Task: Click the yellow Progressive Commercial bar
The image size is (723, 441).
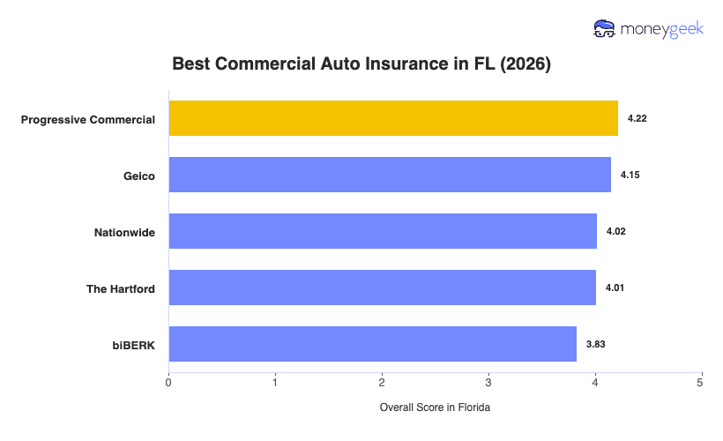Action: click(393, 118)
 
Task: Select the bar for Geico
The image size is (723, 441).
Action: click(390, 175)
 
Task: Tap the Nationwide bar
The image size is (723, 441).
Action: click(383, 231)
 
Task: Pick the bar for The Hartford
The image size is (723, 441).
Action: click(382, 288)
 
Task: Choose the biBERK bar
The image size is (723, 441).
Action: click(372, 344)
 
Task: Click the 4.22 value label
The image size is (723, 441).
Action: click(637, 118)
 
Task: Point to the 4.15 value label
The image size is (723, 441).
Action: click(630, 175)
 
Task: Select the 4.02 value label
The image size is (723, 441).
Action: click(615, 231)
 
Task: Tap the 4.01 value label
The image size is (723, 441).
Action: click(615, 288)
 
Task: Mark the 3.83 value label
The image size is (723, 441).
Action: click(595, 344)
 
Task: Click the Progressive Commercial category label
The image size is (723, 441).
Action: click(88, 119)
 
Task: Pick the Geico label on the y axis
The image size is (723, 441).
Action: click(139, 176)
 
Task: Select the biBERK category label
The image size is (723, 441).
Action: click(135, 345)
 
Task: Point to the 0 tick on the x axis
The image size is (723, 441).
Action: click(168, 383)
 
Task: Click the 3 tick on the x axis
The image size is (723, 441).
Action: click(488, 383)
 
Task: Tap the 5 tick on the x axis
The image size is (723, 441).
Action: click(701, 383)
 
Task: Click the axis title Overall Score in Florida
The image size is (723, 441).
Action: click(435, 407)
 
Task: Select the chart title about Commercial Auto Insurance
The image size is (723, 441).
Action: click(361, 64)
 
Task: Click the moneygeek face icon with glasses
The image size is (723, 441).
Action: click(606, 28)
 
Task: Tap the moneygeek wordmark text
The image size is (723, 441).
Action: click(663, 29)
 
